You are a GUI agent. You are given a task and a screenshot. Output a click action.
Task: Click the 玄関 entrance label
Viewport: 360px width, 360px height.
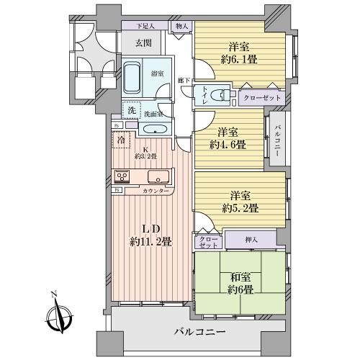[143, 42]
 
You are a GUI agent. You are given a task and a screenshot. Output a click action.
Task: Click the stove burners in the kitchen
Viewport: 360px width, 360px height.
[121, 177]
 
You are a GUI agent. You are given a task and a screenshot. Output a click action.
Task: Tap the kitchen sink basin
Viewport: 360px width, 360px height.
[157, 177]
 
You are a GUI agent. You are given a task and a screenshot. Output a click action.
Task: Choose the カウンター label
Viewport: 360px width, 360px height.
[156, 191]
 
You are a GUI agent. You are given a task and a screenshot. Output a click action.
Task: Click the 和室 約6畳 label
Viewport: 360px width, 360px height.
[238, 282]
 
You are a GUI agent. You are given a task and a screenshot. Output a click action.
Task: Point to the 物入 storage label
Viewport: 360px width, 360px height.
[181, 26]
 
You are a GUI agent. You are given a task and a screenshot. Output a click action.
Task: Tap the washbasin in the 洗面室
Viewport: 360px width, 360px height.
[154, 130]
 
